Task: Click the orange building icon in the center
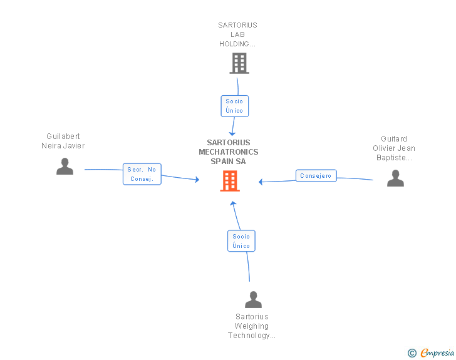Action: point(230,181)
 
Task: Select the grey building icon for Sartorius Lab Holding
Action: point(239,63)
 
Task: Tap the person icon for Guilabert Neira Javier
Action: point(65,167)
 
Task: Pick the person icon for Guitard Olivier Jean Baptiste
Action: point(395,178)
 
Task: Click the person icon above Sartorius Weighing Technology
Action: point(253,300)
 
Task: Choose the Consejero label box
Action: point(316,176)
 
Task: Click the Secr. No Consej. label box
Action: point(142,174)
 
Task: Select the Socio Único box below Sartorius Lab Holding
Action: point(234,106)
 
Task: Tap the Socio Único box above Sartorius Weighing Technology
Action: point(241,241)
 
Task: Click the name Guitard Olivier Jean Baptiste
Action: point(394,148)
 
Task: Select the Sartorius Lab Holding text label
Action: point(237,34)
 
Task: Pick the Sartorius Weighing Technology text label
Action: point(251,326)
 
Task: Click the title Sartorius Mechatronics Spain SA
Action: point(229,152)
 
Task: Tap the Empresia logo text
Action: point(437,352)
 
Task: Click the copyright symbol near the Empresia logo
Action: point(412,353)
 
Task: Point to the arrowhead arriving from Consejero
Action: point(261,182)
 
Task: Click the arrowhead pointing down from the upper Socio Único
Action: point(232,133)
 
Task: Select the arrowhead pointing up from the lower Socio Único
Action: point(232,204)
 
